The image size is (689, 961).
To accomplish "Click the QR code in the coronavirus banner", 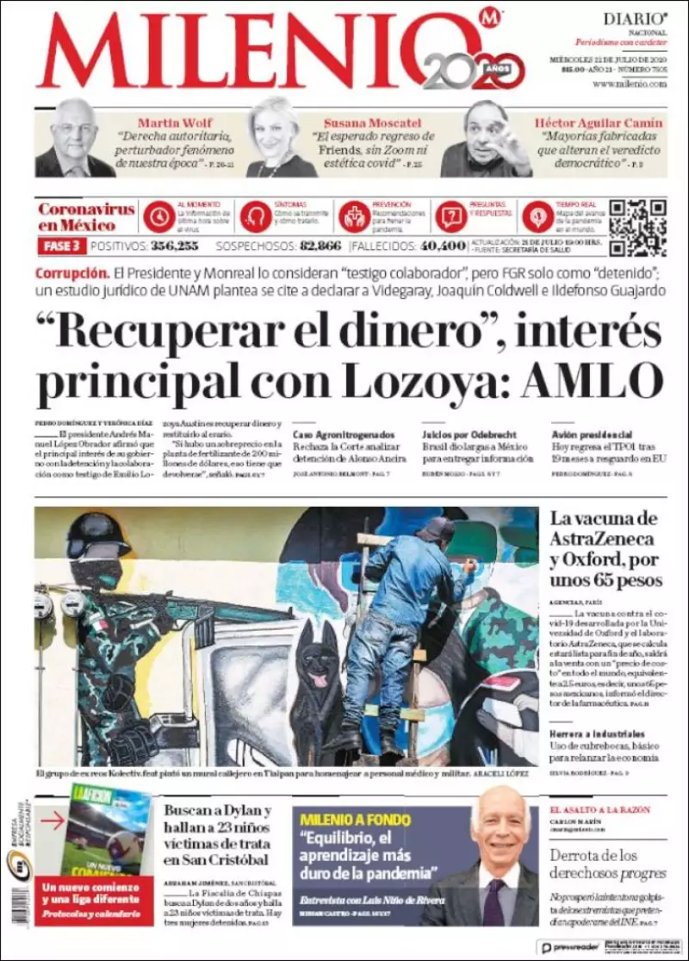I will [638, 228].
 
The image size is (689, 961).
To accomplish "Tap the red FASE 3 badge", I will [60, 246].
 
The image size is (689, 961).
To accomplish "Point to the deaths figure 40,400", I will [443, 246].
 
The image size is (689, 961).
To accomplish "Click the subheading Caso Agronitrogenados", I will [344, 434].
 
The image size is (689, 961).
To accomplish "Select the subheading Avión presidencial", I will [593, 434].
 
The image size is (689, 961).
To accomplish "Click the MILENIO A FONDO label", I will [355, 820].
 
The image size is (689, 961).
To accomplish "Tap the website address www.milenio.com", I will [630, 84].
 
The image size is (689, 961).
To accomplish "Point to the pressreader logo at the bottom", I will [569, 947].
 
